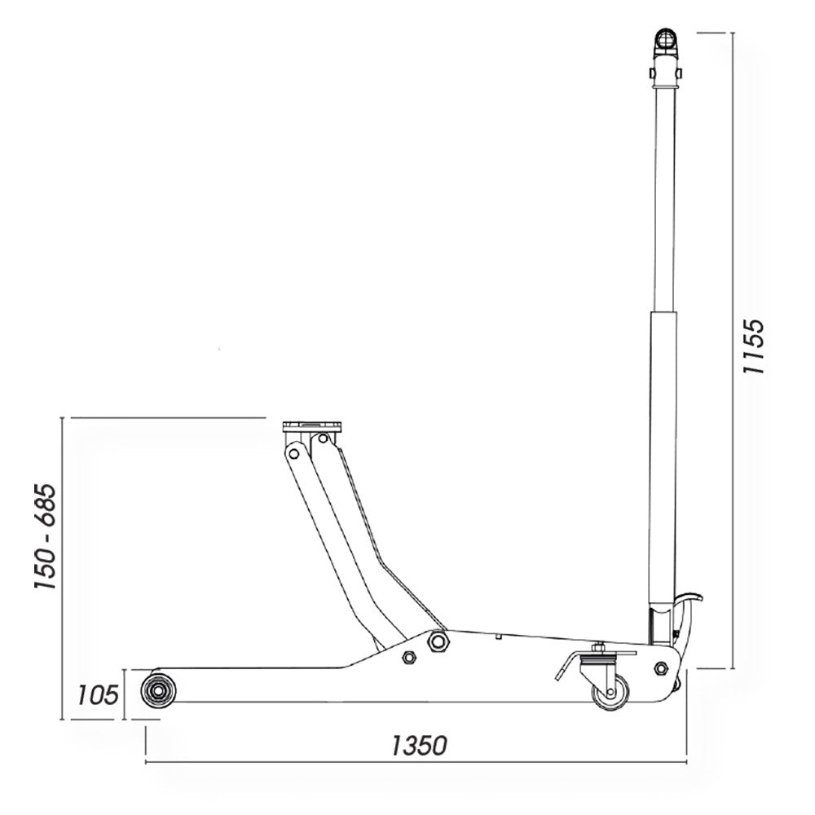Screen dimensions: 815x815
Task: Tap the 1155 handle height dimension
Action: (x=757, y=345)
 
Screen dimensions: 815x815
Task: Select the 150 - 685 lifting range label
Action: (x=44, y=538)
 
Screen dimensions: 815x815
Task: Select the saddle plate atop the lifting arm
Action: (x=314, y=426)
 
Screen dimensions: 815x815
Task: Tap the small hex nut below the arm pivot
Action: (x=408, y=658)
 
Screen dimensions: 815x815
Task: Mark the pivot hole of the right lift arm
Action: (x=323, y=439)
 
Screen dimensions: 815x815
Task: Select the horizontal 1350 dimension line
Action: (x=326, y=764)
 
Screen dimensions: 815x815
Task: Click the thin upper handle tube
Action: (x=664, y=196)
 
